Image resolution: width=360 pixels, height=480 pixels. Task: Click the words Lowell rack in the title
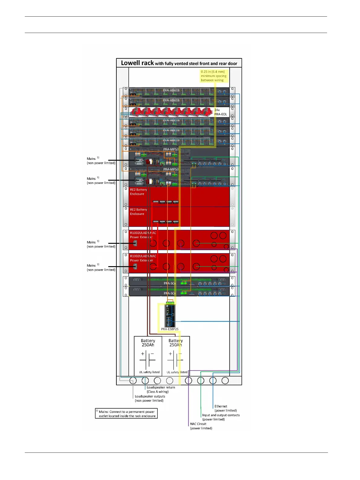pos(137,63)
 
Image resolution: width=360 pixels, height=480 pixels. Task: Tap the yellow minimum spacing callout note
pos(213,76)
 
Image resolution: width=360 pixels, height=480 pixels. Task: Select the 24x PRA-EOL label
pos(220,112)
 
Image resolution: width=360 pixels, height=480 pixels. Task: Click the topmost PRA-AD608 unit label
pos(171,90)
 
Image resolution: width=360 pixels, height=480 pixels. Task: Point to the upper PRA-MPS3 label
pos(171,149)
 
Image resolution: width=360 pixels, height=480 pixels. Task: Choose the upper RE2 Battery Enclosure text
pos(138,192)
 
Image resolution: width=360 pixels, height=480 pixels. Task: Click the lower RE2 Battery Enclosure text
pos(138,212)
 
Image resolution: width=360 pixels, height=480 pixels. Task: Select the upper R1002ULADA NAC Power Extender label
pos(143,235)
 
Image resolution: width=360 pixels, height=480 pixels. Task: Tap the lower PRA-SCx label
pos(170,293)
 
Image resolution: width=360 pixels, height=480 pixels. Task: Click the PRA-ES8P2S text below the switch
pos(170,329)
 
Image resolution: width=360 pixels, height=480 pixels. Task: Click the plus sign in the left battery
pos(143,354)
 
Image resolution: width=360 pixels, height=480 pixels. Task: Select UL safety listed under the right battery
pos(177,372)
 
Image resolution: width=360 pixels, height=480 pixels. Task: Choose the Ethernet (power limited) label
pos(225,408)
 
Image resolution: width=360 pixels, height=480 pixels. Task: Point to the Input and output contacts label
pos(221,417)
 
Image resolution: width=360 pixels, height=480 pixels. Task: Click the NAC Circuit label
pos(201,426)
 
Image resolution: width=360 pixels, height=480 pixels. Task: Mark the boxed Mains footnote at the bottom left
pos(126,413)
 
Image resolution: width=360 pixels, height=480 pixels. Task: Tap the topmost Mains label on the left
pos(101,161)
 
